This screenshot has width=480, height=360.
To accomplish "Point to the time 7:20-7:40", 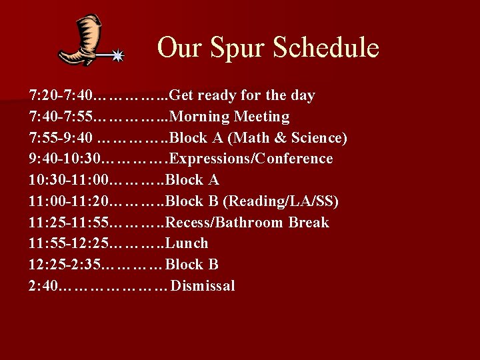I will coord(61,95).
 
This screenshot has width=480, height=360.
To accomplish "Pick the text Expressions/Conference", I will coord(253,159).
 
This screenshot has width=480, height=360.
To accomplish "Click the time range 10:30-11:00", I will coord(67,180).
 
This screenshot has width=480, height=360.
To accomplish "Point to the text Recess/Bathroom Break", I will coord(247,223).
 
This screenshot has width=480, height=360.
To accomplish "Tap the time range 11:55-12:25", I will coord(67,244).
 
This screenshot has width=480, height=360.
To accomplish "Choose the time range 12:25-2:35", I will coord(63,265).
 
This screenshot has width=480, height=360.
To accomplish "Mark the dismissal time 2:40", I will coord(43,287).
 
